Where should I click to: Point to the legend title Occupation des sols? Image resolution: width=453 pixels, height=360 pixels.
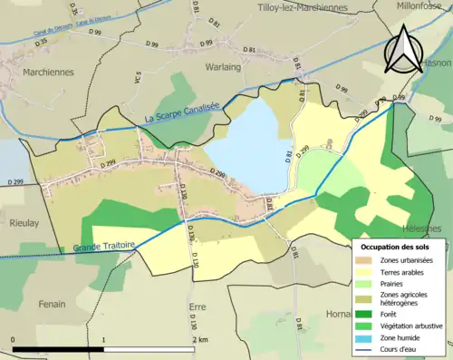point(396,247)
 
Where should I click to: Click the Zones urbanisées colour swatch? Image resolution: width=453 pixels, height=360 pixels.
point(367,260)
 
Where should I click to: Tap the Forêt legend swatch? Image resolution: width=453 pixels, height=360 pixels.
point(367,315)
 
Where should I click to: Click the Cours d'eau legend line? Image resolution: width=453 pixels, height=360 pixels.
point(367,347)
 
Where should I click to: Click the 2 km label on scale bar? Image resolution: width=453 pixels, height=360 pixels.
point(200,339)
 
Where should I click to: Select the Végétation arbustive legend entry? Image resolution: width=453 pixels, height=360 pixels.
point(410,326)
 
